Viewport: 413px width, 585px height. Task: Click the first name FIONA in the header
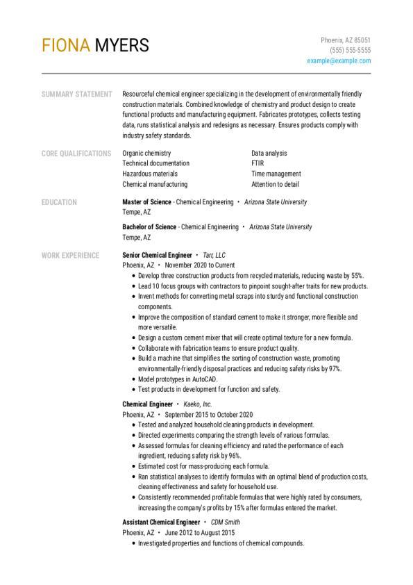pos(66,46)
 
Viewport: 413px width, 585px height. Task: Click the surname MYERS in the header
pos(121,46)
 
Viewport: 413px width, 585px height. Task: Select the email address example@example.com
pos(339,61)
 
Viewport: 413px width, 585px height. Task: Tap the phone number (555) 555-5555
pos(350,51)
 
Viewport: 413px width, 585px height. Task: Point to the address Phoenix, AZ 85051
pos(345,40)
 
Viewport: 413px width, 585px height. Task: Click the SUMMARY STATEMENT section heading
pos(76,94)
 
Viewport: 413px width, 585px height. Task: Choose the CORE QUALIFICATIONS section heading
pos(76,154)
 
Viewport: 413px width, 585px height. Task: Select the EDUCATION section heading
pos(59,202)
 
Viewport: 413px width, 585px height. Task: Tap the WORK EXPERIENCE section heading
pos(70,255)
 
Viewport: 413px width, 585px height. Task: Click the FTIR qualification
pos(258,164)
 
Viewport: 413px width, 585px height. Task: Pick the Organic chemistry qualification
pos(146,154)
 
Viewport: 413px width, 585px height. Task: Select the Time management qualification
pos(276,174)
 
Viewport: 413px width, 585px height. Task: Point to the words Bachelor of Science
pos(149,227)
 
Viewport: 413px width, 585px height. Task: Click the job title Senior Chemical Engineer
pos(157,255)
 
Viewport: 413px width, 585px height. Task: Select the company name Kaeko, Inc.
pos(198,404)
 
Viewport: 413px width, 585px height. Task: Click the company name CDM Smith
pos(226,522)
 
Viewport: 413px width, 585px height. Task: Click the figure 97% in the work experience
pos(333,369)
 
